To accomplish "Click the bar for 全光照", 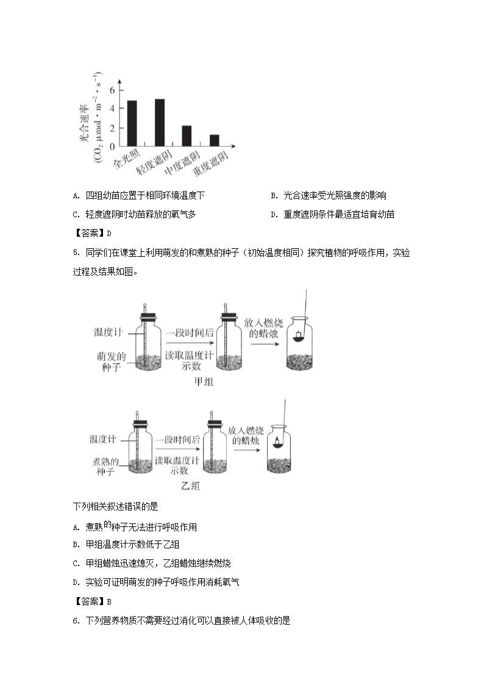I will (132, 123).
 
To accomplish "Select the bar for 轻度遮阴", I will (160, 123).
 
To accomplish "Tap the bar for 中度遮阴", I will (187, 135).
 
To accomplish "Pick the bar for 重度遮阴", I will (214, 140).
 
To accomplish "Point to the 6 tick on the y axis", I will (112, 90).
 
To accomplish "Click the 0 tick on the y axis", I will (112, 146).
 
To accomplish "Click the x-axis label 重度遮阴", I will (210, 165).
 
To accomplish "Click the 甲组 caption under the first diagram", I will (204, 382).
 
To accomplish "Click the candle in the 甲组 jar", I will (298, 337).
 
